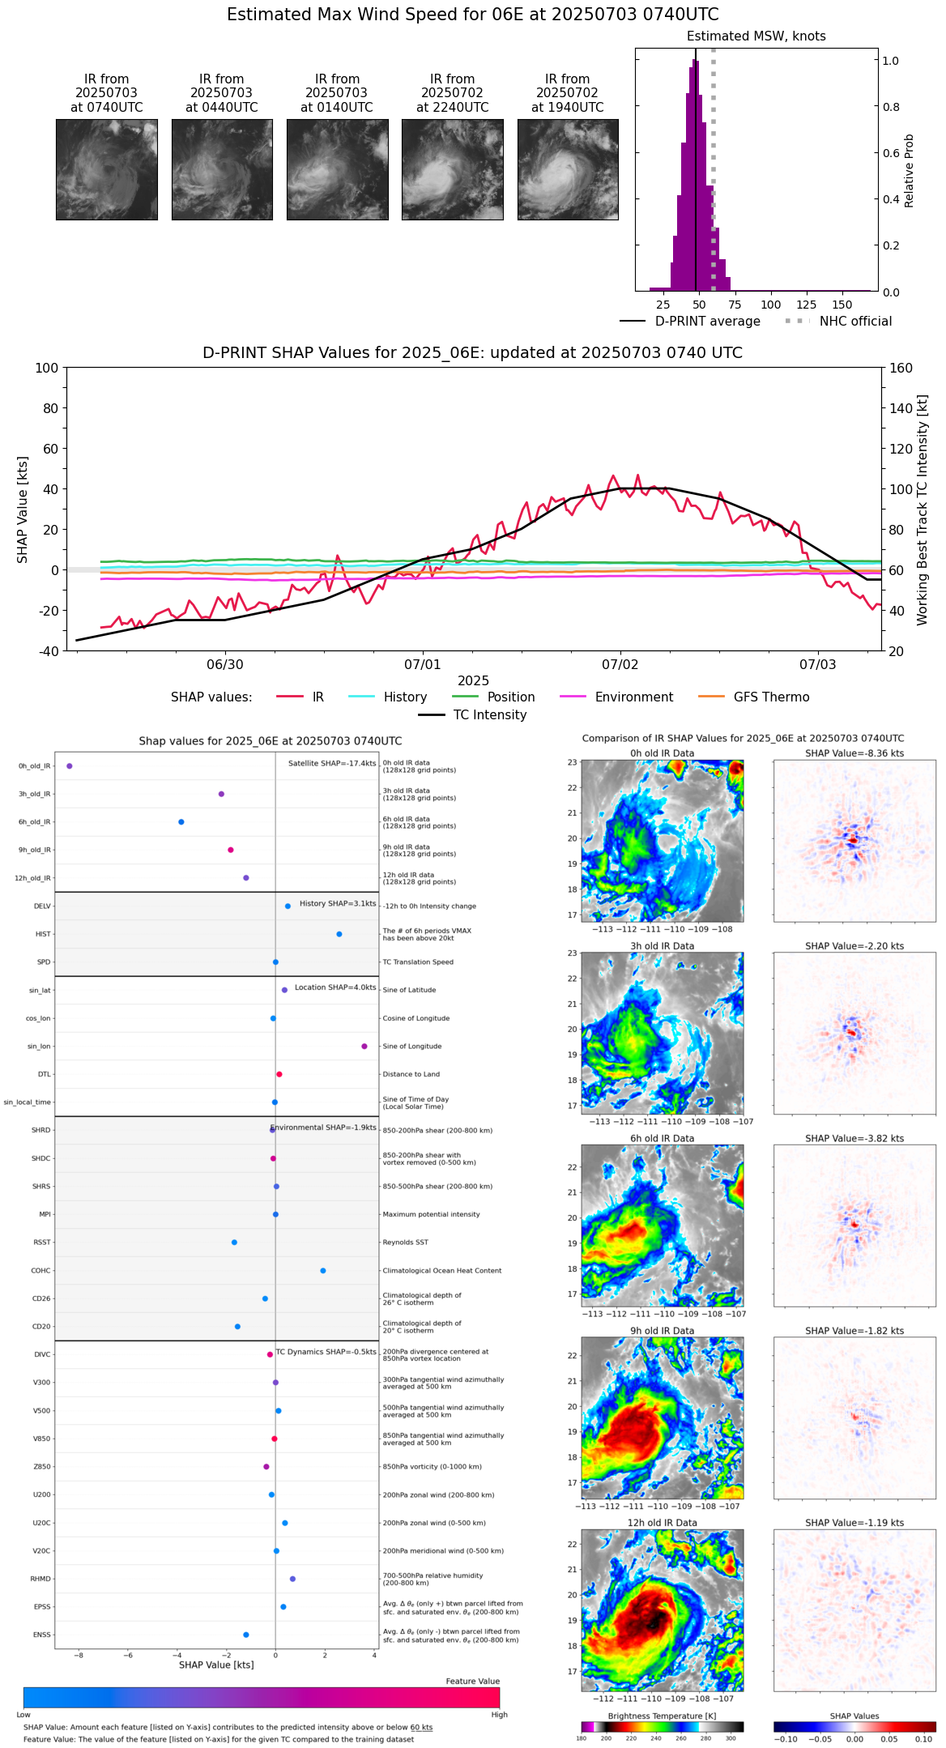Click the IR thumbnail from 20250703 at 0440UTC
click(x=222, y=169)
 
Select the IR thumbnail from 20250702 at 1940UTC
click(x=568, y=169)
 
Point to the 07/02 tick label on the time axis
click(x=620, y=665)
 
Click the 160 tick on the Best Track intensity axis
click(x=901, y=368)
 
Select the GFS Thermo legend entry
click(x=771, y=697)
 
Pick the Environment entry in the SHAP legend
click(x=633, y=697)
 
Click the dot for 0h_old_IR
click(x=70, y=765)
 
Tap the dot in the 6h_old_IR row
click(x=181, y=822)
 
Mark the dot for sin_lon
click(x=364, y=1047)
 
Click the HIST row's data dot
click(x=339, y=934)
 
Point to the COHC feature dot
click(x=323, y=1270)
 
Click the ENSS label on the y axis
click(x=41, y=1635)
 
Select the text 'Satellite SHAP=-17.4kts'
click(x=332, y=763)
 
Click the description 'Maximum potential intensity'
click(x=431, y=1214)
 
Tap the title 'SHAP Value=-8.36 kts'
click(x=854, y=753)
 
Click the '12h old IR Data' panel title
click(x=662, y=1523)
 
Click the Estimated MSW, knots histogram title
click(x=756, y=36)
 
